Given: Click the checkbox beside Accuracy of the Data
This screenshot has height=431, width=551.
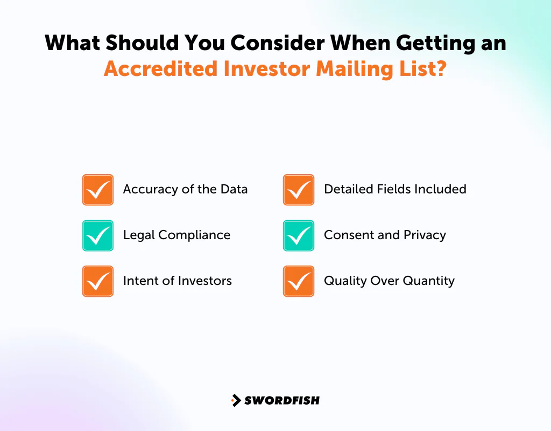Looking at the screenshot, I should pos(98,190).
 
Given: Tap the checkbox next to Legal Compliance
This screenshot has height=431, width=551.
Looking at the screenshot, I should pos(98,235).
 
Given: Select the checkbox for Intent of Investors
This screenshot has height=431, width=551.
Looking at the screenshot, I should pos(98,281).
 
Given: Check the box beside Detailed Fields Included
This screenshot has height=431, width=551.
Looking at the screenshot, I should pos(299,190).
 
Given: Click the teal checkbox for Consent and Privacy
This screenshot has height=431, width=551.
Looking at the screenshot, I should pos(299,235).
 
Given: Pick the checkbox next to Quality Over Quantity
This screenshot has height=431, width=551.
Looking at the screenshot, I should pos(299,281).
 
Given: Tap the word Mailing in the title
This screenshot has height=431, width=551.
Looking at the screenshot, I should pos(356,69).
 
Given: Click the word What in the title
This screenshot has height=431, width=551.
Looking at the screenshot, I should pos(73,43).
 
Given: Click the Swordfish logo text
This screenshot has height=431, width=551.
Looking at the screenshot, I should pos(282,400).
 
